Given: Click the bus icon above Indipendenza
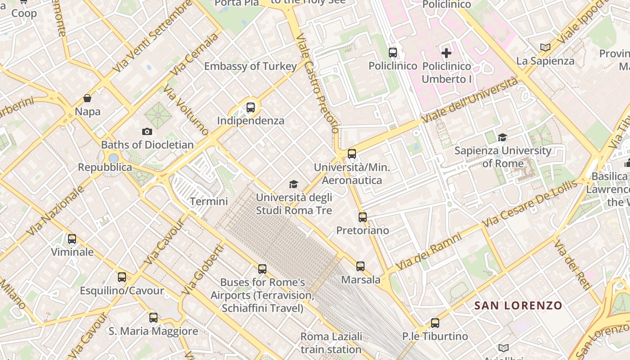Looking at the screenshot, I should [251, 108].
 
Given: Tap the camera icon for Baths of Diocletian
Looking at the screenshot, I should [147, 132].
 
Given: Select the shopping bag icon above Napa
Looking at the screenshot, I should [87, 98].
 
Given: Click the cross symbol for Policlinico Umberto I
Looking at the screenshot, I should [446, 53].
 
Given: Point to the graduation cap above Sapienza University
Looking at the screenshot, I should [502, 137].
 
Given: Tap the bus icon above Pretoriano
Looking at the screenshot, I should [363, 217].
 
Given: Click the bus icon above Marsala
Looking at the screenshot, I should [360, 266].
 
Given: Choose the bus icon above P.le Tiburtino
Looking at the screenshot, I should [435, 323].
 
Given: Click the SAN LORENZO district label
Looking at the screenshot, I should [518, 306].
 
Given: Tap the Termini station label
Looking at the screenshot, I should [209, 201].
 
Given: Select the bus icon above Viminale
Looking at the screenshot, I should [72, 239].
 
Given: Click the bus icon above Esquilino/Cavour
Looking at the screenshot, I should [122, 277].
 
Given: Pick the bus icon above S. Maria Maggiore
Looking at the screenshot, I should [153, 318].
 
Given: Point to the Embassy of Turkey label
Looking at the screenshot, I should [250, 67].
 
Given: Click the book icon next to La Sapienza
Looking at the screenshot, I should [545, 47].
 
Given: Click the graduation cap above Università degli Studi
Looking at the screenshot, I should [293, 184].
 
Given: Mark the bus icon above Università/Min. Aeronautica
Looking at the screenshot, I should [352, 154].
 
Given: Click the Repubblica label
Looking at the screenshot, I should [105, 167].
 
